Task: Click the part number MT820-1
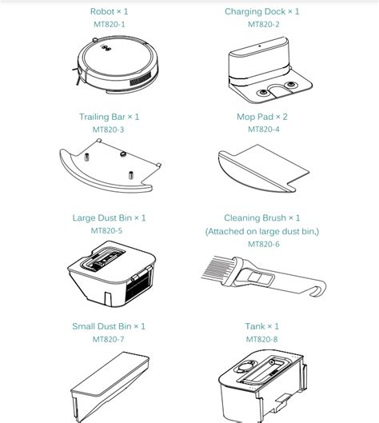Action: [110, 24]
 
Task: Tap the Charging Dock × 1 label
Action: [262, 12]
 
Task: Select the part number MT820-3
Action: [108, 130]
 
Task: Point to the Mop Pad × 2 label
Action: [262, 117]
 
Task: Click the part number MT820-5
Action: [106, 230]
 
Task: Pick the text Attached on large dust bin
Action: [262, 231]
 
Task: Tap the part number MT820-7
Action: [108, 339]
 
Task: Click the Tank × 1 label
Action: [262, 326]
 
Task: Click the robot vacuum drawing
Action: [115, 65]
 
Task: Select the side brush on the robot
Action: [77, 75]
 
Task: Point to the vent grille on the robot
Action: [140, 79]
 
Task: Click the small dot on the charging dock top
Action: [260, 46]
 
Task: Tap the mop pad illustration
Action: [263, 169]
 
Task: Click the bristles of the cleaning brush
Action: [216, 269]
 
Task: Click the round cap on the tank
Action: [245, 366]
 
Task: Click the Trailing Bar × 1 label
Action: [109, 117]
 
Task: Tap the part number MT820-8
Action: [262, 339]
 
